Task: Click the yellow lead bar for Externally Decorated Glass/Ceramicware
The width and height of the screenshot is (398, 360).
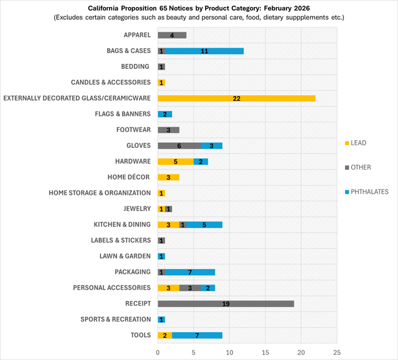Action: tap(236, 98)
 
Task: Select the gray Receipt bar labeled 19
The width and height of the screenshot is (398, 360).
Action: tap(226, 303)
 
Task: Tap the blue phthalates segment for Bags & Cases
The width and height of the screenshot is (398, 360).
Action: tap(204, 51)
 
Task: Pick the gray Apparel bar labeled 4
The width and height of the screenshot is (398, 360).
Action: tap(172, 35)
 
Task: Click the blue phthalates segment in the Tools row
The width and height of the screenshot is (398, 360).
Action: tap(197, 335)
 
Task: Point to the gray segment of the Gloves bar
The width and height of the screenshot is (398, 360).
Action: tap(179, 146)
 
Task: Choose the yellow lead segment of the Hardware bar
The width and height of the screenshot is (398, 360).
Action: tap(175, 161)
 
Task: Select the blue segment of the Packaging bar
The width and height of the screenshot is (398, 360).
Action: tap(190, 272)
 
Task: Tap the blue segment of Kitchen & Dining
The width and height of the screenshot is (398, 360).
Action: tap(204, 224)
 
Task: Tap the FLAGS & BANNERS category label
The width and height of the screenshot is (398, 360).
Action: tap(123, 114)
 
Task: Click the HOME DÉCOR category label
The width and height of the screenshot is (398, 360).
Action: tap(129, 177)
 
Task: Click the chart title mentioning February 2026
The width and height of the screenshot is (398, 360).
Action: tap(199, 9)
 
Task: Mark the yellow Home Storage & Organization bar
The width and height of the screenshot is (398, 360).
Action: tap(161, 193)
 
